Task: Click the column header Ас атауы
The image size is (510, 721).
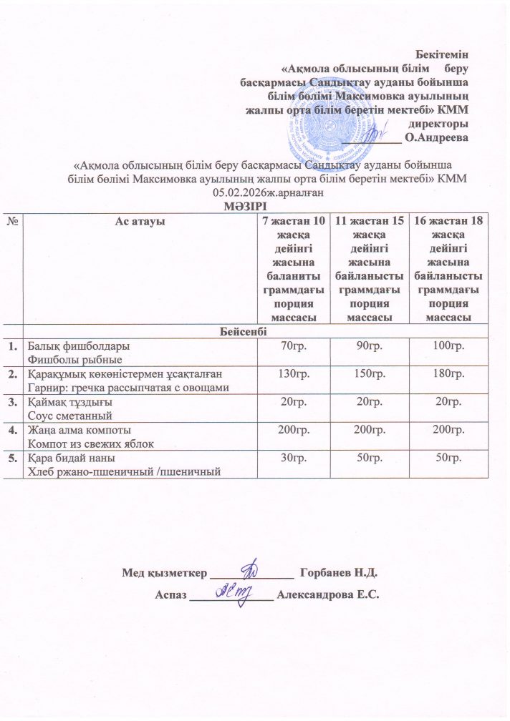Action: click(x=140, y=222)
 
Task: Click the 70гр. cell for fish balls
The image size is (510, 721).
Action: click(x=294, y=347)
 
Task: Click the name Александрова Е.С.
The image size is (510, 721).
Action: click(x=327, y=594)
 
